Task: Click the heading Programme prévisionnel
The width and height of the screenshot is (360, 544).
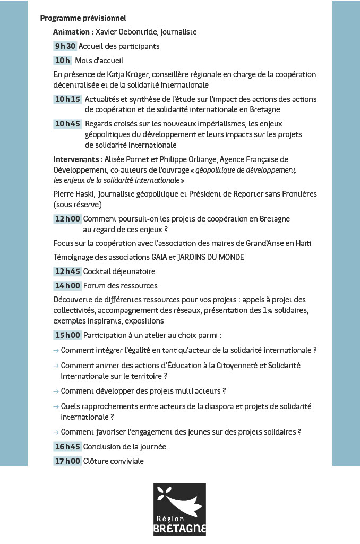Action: point(83,18)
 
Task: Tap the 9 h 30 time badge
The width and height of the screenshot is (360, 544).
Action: point(65,46)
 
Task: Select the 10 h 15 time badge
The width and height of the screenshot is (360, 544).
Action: point(67,99)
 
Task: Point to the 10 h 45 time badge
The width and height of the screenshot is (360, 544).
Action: point(67,124)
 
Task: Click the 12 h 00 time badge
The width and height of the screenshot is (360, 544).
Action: point(67,219)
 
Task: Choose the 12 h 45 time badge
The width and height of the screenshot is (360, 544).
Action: point(67,271)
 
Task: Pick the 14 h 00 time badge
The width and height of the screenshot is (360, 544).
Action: point(67,286)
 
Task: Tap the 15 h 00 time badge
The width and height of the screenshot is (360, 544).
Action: point(67,335)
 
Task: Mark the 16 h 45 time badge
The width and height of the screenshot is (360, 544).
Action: point(67,447)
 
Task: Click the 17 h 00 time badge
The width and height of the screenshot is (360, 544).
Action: point(67,461)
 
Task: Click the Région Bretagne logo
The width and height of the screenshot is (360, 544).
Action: point(179,509)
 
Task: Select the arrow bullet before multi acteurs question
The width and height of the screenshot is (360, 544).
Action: point(56,391)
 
